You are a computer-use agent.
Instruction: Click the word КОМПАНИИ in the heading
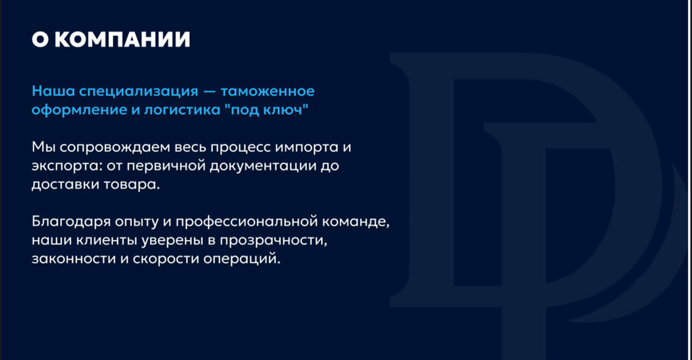point(122,39)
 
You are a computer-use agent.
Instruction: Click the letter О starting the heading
point(40,39)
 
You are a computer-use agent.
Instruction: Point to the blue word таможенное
point(268,91)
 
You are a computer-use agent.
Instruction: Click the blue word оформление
point(79,110)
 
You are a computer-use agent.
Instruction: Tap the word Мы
point(43,147)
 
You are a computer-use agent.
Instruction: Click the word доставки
point(66,185)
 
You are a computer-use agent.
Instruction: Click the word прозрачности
point(274,241)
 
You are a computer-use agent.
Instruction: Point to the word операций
point(242,259)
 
